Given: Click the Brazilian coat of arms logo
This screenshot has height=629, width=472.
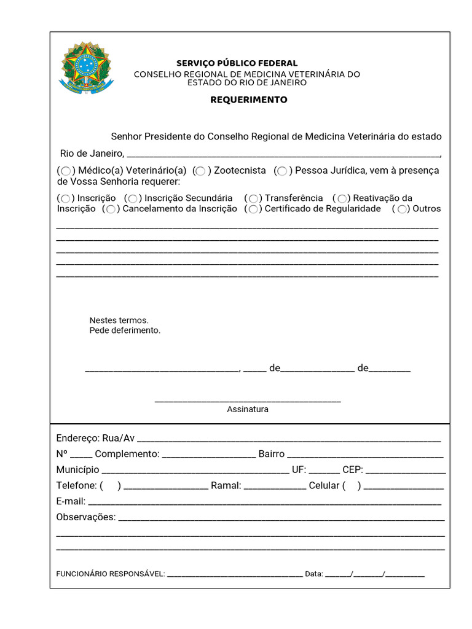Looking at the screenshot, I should point(86,68).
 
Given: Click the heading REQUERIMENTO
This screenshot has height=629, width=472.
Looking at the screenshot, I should point(249,100).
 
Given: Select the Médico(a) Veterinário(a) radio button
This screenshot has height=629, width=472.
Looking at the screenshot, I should point(66,171).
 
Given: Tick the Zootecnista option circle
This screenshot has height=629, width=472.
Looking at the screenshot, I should point(200,171).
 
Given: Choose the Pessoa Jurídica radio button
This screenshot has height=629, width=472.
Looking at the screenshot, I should point(281,171).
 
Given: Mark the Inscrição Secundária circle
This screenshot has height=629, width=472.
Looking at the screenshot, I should point(132,198).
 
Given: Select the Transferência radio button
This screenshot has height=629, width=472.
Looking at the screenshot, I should point(253,198).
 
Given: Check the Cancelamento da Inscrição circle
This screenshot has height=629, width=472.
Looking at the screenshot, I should point(111,209).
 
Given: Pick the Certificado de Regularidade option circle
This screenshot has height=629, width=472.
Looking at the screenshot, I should point(253,209).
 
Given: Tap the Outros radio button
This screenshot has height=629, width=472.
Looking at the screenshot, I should point(401,209).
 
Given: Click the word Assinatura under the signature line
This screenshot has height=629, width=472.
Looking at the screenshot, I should point(248,409).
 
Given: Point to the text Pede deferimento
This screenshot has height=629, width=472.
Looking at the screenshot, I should point(125,330).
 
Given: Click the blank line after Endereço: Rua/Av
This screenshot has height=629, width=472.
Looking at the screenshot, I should point(289,440).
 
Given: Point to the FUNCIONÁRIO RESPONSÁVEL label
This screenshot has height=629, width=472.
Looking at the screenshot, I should point(111,574).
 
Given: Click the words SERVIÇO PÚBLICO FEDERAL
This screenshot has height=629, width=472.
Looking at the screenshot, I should point(237,63).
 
